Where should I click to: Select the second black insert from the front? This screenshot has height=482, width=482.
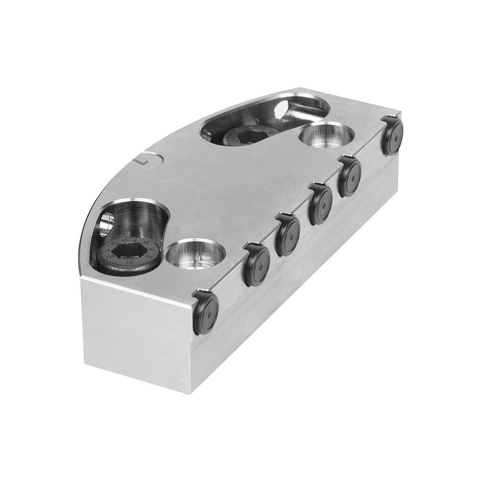coord(256,265)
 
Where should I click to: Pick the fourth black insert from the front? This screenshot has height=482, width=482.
coord(321,204)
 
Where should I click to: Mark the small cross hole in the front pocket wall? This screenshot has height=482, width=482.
coord(106,224)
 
